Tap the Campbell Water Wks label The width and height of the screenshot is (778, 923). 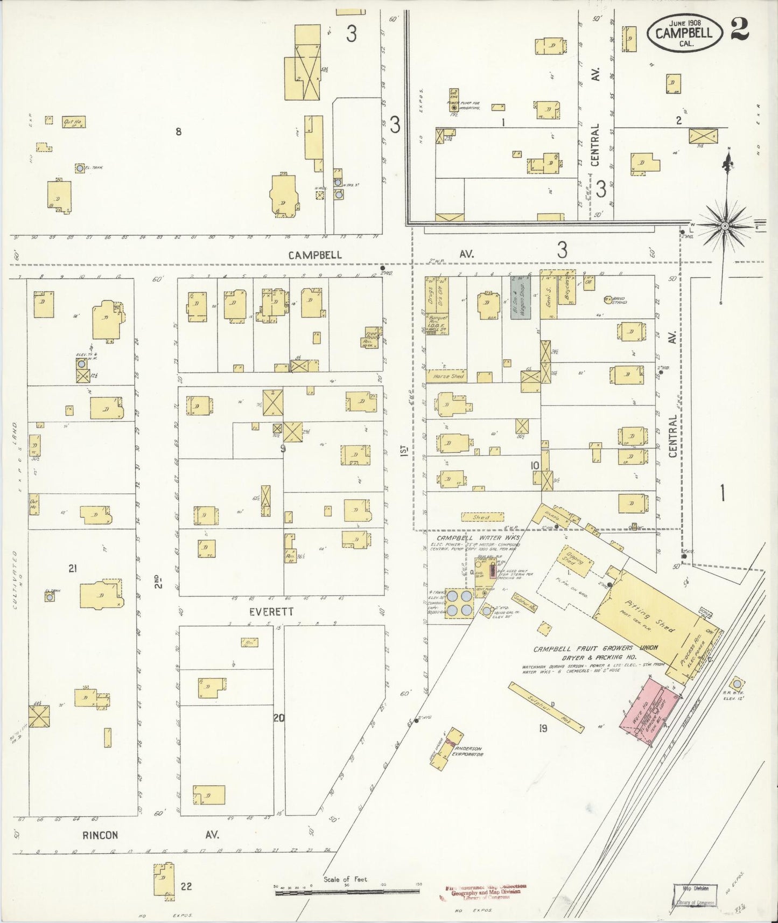469,538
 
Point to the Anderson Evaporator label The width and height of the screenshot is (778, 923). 467,752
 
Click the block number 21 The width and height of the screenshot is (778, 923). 73,568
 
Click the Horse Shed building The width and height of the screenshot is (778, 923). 447,376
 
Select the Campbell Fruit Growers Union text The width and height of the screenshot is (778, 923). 592,649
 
